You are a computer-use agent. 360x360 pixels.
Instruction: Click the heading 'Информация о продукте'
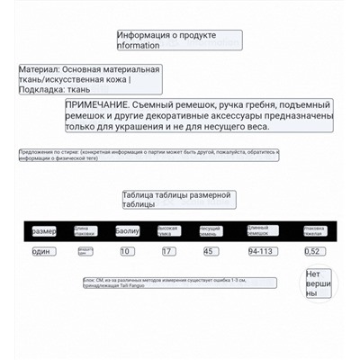[x=180, y=35]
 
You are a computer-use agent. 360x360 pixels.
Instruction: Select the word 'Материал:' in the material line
[x=40, y=68]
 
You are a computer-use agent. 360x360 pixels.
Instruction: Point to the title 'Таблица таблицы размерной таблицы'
[x=177, y=199]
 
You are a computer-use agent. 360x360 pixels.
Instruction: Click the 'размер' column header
[x=44, y=231]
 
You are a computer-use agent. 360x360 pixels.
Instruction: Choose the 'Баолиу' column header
[x=128, y=231]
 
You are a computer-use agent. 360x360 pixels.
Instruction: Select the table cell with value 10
[x=126, y=251]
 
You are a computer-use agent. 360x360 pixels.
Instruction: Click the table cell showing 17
[x=167, y=251]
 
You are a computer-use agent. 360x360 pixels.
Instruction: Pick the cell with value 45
[x=209, y=251]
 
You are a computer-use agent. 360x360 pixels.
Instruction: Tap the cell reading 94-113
[x=261, y=251]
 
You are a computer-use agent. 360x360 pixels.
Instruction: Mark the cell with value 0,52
[x=312, y=251]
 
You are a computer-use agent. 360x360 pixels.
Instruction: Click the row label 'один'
[x=42, y=251]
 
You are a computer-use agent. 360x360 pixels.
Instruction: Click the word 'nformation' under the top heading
[x=139, y=45]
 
